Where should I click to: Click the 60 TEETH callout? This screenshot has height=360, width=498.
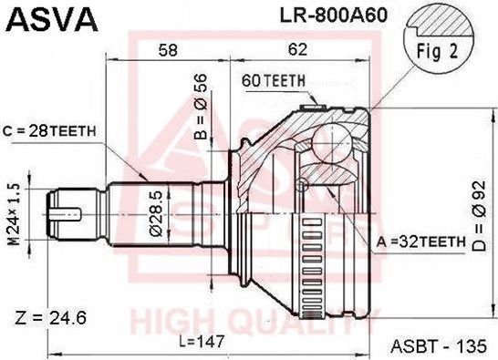(273, 81)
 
